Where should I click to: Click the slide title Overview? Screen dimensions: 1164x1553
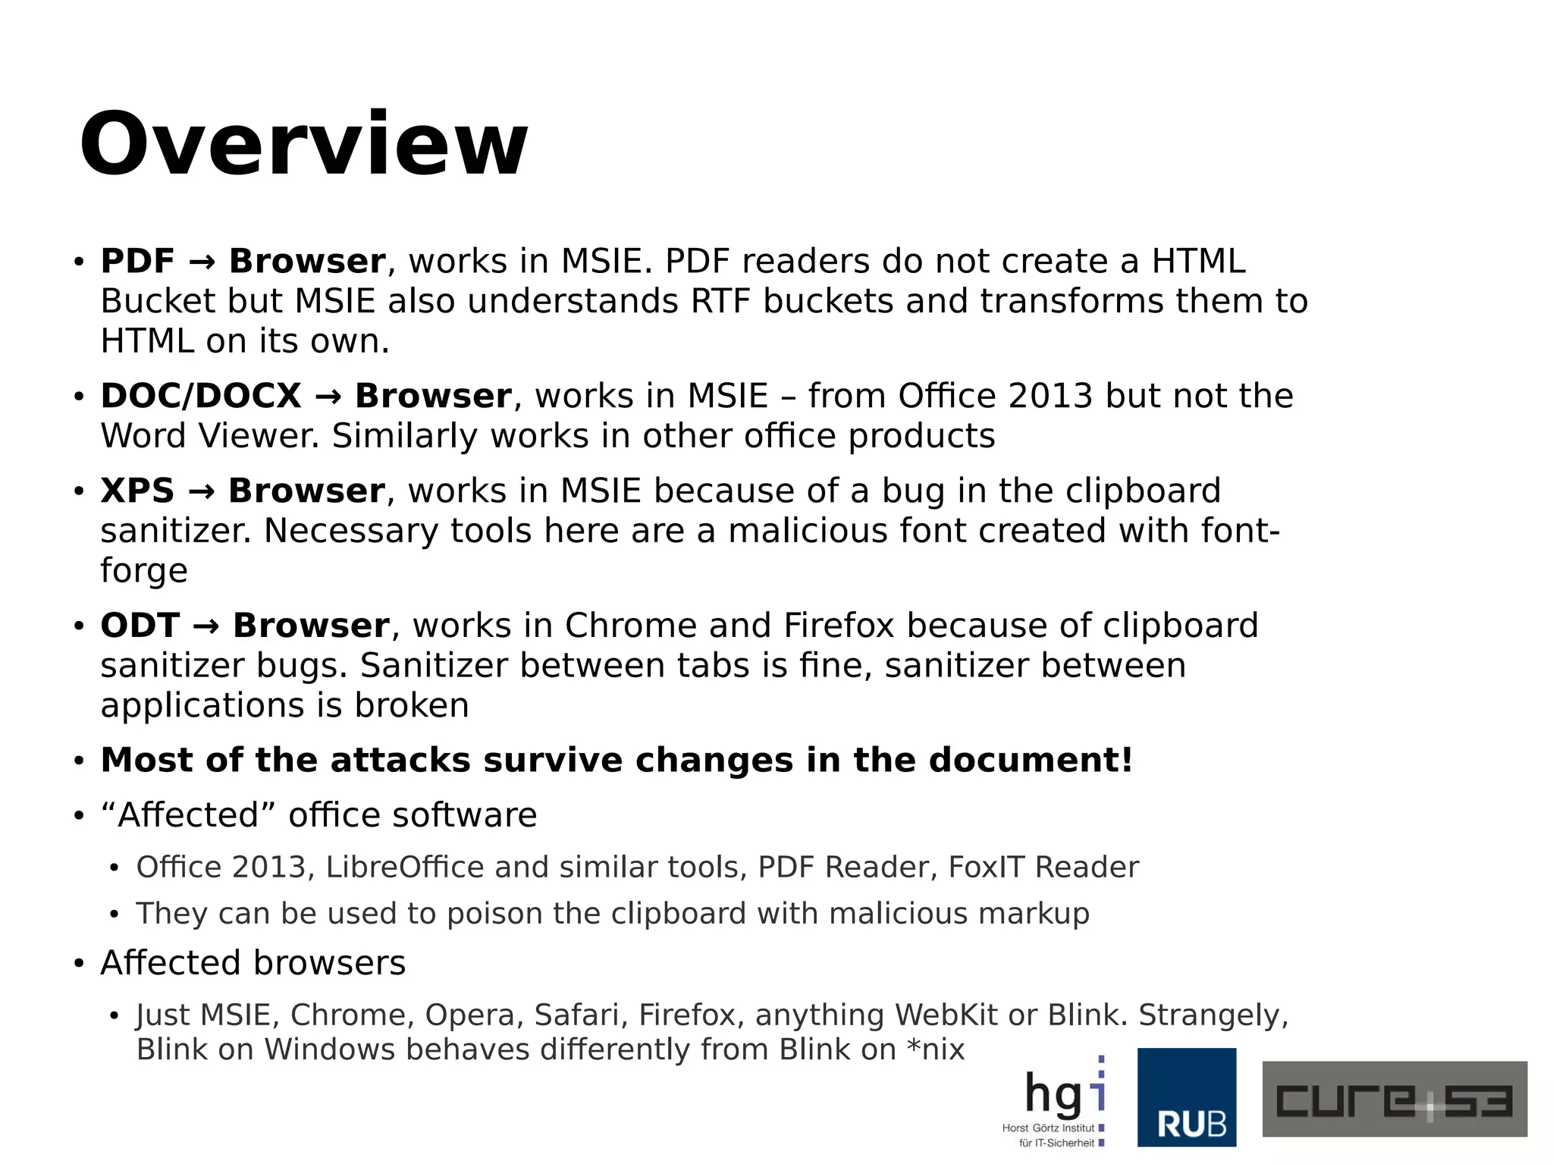point(303,144)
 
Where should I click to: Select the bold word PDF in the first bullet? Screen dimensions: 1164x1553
point(137,261)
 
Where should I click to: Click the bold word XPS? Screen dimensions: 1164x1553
point(137,491)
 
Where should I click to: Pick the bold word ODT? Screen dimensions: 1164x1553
point(140,626)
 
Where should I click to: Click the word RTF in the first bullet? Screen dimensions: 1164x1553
point(720,301)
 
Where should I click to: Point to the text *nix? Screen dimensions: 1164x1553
point(935,1049)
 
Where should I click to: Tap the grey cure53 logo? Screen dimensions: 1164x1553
point(1394,1099)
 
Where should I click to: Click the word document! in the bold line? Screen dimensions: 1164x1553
point(1031,760)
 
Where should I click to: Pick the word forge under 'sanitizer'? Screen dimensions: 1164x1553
point(144,571)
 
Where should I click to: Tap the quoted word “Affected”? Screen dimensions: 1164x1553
point(188,815)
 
